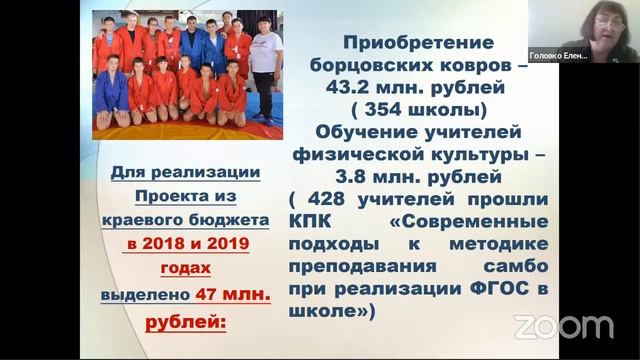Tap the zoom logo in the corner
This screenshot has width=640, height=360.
[563, 326]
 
